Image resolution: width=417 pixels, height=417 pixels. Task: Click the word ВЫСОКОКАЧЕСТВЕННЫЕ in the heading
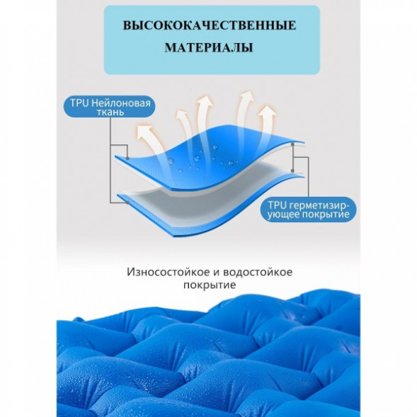click(210, 25)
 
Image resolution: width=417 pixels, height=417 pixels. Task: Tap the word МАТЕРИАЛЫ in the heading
click(209, 48)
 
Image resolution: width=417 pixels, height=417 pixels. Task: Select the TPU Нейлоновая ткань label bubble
click(109, 107)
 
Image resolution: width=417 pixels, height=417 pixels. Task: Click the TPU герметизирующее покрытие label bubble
click(308, 210)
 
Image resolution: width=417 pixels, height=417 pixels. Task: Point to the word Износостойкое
click(168, 272)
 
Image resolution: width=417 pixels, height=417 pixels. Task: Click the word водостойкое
click(258, 272)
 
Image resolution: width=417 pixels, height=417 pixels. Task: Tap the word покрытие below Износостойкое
click(210, 285)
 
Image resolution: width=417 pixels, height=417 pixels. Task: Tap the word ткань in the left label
click(110, 112)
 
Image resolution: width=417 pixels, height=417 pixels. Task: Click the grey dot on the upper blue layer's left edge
click(127, 159)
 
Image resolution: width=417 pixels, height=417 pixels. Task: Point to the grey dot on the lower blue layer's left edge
click(128, 202)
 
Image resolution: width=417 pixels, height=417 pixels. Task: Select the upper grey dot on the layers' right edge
click(292, 144)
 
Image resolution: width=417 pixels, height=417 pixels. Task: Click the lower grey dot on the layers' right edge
click(292, 171)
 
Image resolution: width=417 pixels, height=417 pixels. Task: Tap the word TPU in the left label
click(79, 103)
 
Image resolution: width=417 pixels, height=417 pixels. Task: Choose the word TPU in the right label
click(277, 205)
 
